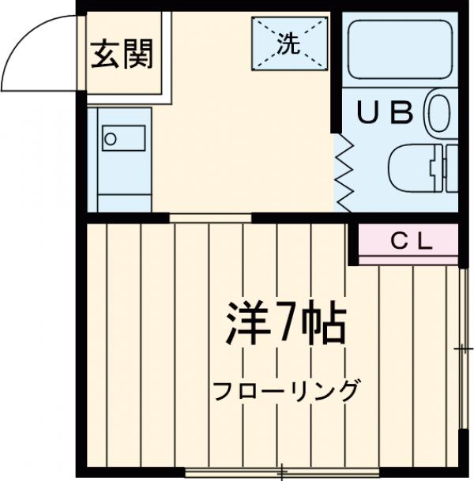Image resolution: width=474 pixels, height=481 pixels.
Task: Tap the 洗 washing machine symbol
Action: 288,43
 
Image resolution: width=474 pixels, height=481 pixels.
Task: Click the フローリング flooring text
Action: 286,390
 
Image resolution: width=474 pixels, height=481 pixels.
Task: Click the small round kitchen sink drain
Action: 111,140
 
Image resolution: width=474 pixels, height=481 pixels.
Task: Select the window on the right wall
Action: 463,348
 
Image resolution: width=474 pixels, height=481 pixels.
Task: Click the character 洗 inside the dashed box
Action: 288,44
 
